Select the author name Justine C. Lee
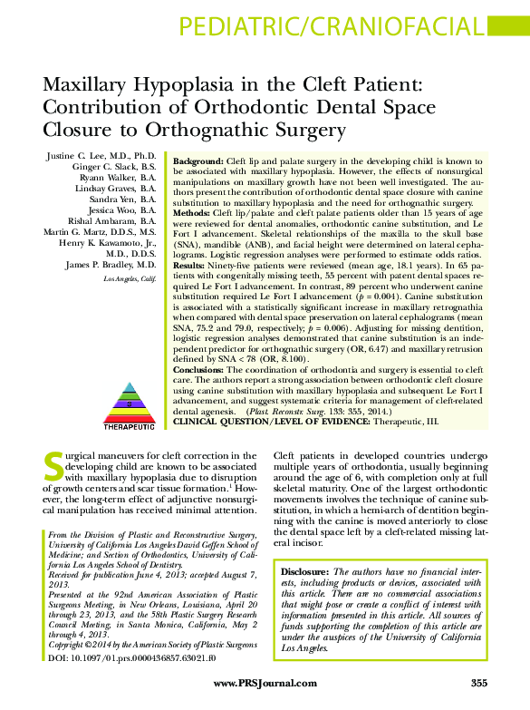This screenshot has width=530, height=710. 101,158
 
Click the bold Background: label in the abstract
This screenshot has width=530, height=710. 198,160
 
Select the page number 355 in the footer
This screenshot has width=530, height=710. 479,682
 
